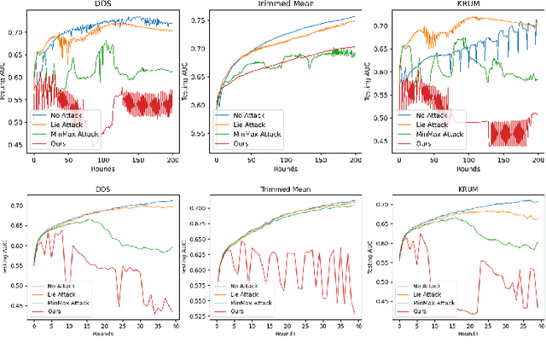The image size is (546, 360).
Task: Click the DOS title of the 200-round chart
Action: pyautogui.click(x=102, y=6)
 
